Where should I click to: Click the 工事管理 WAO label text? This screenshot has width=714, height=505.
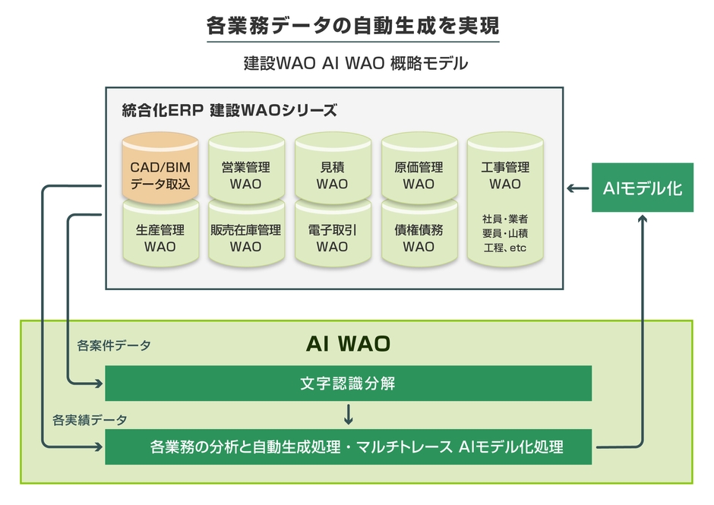click(x=505, y=175)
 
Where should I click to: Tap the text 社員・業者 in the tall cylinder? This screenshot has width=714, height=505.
click(x=505, y=219)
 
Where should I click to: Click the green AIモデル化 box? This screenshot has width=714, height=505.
click(x=642, y=188)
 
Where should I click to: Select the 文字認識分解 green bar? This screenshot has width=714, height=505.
click(x=348, y=383)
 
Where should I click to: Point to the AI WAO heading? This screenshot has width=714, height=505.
click(x=348, y=344)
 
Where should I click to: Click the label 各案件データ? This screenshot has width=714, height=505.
click(x=114, y=346)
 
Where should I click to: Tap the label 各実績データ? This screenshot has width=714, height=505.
click(x=90, y=419)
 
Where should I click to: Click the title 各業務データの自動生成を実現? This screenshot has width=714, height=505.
click(x=353, y=26)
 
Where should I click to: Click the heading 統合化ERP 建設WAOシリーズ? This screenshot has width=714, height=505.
click(x=229, y=110)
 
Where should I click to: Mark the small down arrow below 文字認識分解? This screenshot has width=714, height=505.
click(x=349, y=415)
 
